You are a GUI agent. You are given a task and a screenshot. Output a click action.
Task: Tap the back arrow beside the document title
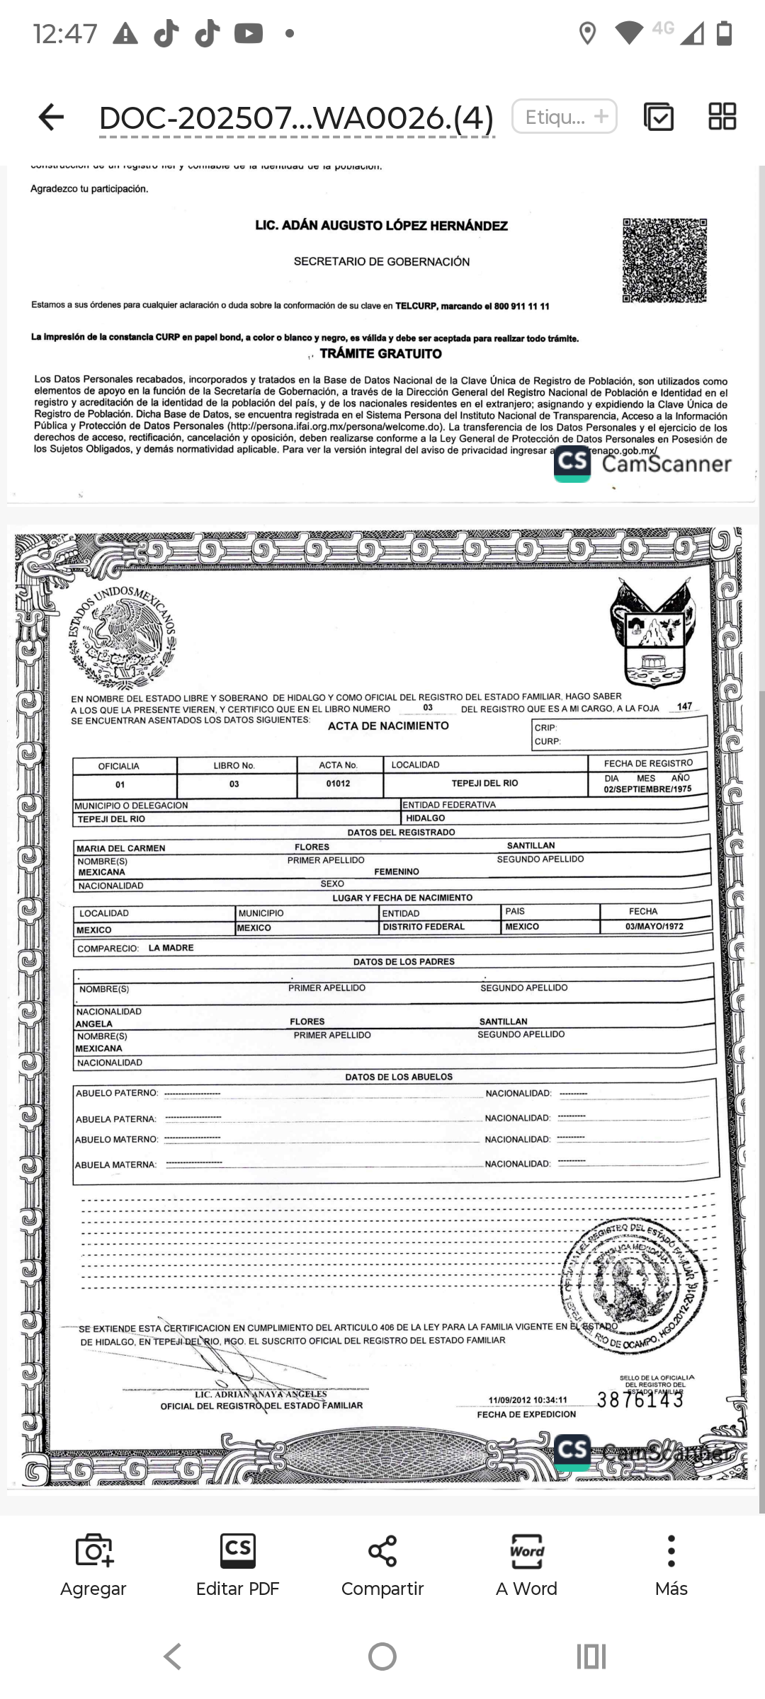tap(51, 117)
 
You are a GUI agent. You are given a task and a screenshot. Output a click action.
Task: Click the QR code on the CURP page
tap(664, 261)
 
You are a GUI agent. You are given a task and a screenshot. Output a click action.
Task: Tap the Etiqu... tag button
tap(565, 117)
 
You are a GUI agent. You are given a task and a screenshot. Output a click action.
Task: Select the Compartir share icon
tap(382, 1552)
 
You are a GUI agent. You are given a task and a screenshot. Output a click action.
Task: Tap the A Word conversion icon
tap(527, 1552)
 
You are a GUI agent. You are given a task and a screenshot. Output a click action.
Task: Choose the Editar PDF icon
tap(238, 1552)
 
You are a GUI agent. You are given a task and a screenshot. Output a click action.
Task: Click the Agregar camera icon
tap(93, 1552)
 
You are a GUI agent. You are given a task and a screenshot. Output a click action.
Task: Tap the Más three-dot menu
tap(671, 1552)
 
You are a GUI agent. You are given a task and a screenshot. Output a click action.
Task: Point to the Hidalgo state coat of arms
tap(652, 632)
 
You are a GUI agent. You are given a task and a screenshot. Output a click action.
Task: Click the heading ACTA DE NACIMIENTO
tap(388, 726)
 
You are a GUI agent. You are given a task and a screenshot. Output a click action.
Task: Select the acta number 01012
tap(339, 784)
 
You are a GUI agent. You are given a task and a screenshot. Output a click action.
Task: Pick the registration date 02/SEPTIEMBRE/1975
tap(647, 789)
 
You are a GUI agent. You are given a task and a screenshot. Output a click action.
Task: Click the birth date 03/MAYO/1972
tap(654, 926)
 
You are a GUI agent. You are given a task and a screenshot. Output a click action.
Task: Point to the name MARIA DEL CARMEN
tap(121, 848)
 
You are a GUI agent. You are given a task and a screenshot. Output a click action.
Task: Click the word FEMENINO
tap(397, 871)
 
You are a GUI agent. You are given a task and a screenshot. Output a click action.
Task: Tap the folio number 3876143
tap(640, 1400)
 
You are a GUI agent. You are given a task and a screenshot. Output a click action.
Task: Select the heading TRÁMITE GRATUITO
tap(380, 353)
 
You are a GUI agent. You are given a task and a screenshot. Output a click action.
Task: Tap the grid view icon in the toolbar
tap(722, 117)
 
